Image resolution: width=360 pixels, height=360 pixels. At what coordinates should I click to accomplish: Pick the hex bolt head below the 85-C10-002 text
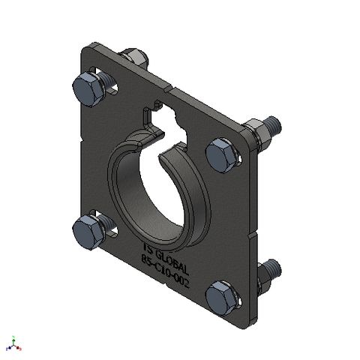tap(223, 297)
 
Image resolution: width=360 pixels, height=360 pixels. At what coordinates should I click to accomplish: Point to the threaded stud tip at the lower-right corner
tap(275, 266)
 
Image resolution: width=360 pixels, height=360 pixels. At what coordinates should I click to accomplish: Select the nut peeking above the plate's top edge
tap(133, 57)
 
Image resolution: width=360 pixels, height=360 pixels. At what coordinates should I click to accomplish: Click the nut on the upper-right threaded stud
tap(259, 132)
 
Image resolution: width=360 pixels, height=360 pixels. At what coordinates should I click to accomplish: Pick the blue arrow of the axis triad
tap(7, 349)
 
